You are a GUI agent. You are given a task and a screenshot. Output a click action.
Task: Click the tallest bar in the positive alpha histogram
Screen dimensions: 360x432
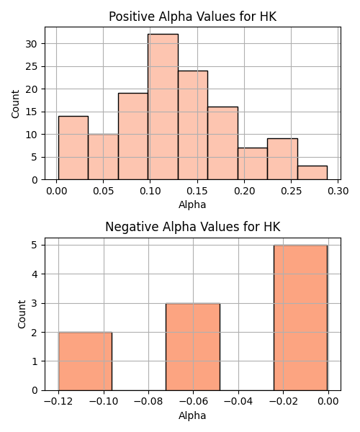pos(163,107)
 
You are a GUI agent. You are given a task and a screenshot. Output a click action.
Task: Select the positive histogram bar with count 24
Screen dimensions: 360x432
pos(193,125)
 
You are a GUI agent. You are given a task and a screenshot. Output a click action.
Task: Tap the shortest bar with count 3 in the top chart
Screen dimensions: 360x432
pos(312,173)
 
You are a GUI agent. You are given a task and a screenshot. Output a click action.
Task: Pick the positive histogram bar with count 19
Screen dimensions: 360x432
pos(133,136)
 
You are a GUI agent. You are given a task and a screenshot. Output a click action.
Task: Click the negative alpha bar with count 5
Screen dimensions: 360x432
pos(300,318)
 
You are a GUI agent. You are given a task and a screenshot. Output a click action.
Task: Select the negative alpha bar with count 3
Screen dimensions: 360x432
pos(193,347)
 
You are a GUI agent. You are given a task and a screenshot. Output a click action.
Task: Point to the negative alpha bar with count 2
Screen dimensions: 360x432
pos(86,361)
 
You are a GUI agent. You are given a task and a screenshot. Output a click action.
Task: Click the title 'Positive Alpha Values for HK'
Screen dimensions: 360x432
pos(192,17)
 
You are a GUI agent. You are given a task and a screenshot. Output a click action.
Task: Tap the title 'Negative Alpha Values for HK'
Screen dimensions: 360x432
pos(192,227)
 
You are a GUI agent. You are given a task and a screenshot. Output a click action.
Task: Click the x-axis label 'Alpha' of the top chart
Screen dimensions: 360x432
pos(192,204)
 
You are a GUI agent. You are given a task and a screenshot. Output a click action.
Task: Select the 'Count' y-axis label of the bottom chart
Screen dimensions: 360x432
pos(22,314)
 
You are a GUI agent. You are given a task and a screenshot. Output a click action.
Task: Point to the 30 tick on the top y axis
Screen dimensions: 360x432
pos(32,44)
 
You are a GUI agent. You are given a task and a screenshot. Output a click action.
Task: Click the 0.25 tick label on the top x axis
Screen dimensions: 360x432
pos(291,191)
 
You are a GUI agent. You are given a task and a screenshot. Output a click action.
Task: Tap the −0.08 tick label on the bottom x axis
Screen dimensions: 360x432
pos(148,402)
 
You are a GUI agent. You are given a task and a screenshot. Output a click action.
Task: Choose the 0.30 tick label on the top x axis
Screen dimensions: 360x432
pos(338,191)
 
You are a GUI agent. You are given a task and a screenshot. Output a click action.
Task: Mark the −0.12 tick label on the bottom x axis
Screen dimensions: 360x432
pos(58,402)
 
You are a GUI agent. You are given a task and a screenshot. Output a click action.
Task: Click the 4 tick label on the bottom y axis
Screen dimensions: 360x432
pos(35,274)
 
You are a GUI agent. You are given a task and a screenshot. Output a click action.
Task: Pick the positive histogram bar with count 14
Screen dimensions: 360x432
pos(73,148)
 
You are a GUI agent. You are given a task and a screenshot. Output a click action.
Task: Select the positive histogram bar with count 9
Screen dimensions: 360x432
pos(282,159)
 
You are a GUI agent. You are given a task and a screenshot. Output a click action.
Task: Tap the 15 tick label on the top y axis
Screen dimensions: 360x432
pos(32,112)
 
